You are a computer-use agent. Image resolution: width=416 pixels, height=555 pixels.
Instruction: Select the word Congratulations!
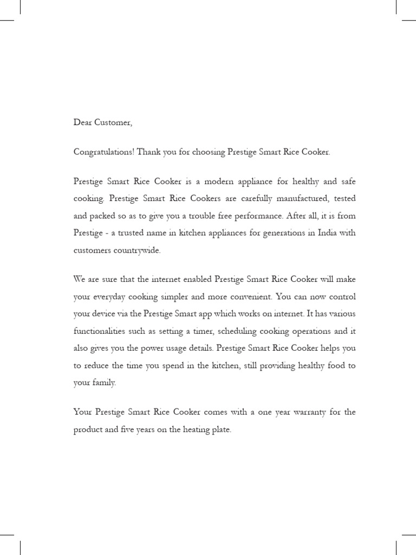(103, 152)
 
